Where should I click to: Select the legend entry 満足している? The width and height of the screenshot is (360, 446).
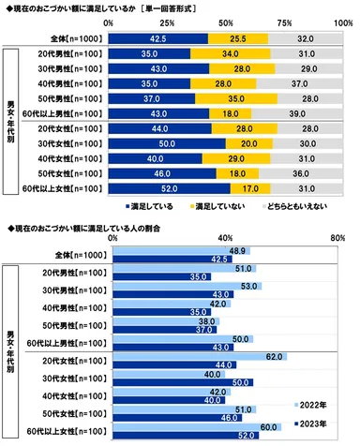click(x=151, y=205)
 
